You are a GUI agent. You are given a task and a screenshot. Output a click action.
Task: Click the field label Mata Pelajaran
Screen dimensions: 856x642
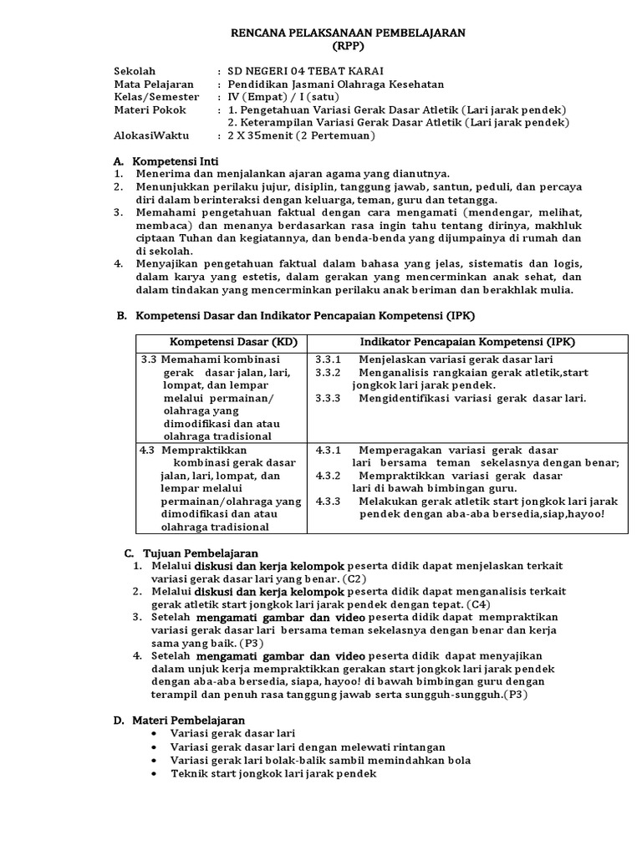point(153,84)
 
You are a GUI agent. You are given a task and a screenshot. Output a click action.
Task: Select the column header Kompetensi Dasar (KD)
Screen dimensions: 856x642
point(222,343)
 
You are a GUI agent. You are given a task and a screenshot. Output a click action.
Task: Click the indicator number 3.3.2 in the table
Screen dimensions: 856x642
point(328,372)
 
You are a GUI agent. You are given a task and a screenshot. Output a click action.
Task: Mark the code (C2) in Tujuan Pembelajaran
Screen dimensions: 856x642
point(353,578)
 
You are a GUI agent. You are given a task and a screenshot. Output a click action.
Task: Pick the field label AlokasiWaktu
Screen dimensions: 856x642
point(151,135)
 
